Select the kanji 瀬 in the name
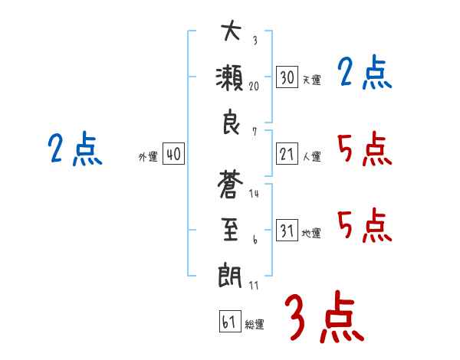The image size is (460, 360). [230, 78]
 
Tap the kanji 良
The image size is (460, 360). [230, 124]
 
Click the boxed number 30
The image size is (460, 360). [287, 77]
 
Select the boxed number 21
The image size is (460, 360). [287, 155]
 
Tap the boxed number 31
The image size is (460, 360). [287, 231]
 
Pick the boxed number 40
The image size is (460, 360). [173, 155]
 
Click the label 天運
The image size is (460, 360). [311, 80]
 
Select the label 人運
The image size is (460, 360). [311, 157]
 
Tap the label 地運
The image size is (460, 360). [311, 233]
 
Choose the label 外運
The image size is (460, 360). [148, 157]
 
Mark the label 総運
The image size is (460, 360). [255, 323]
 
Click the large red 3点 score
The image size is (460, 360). [324, 316]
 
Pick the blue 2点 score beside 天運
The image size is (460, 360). [365, 74]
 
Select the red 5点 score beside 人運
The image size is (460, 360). [365, 149]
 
